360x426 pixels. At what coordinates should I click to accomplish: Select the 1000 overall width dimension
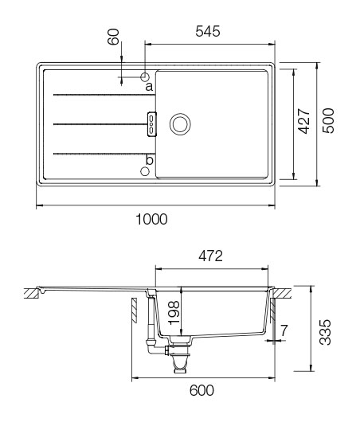click(x=151, y=219)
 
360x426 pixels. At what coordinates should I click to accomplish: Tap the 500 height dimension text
click(x=327, y=123)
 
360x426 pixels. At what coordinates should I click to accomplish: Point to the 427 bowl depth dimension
click(x=303, y=123)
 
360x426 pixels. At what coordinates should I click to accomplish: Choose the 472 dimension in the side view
click(x=209, y=256)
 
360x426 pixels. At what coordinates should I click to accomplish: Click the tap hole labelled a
click(x=145, y=77)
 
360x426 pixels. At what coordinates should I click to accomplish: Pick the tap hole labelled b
click(x=145, y=170)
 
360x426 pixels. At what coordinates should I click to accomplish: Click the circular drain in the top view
click(x=180, y=123)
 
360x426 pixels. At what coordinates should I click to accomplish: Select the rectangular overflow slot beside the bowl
click(x=151, y=123)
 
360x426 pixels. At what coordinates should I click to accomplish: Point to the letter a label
click(x=148, y=88)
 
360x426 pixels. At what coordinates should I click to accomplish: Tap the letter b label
click(x=148, y=159)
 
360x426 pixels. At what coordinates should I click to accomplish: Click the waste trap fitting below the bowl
click(x=179, y=354)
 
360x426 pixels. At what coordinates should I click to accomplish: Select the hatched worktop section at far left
click(x=31, y=293)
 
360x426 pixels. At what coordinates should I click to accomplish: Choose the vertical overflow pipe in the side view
click(x=151, y=319)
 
